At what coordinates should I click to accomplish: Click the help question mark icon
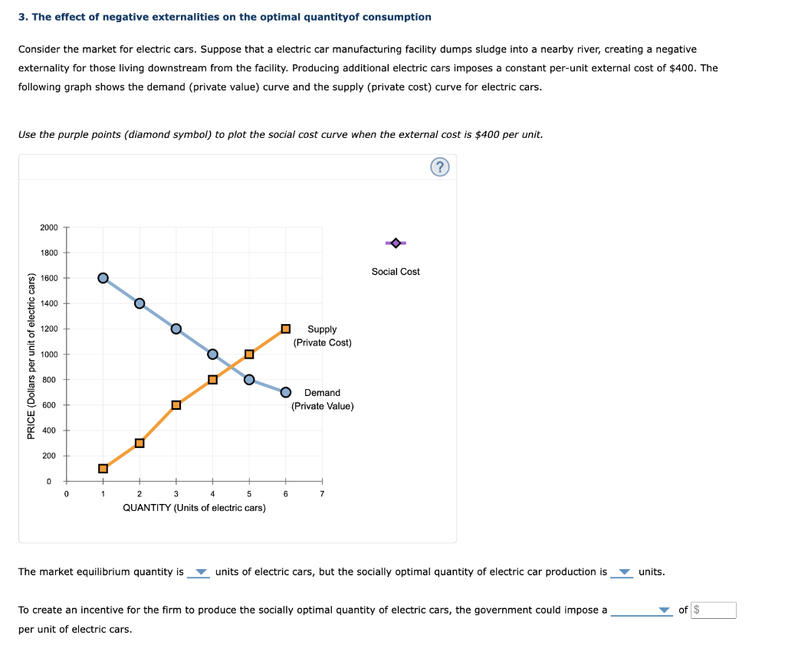tap(439, 168)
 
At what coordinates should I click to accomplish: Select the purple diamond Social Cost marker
tap(396, 243)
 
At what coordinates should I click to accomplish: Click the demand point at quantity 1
tap(103, 277)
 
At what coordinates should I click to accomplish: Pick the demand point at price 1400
tap(140, 303)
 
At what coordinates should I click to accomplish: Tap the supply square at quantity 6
tap(285, 329)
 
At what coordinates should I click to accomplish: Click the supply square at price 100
tap(103, 468)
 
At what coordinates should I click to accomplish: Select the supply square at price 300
tap(140, 443)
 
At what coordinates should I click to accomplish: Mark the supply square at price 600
tap(176, 404)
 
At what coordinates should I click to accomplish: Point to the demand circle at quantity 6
tap(285, 392)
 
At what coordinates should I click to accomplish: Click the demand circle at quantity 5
tap(249, 379)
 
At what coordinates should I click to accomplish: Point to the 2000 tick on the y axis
tap(49, 227)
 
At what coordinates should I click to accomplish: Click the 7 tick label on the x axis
tap(322, 494)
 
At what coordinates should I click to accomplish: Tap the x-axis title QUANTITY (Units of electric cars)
tap(194, 508)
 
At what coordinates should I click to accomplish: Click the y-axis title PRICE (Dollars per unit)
tap(31, 356)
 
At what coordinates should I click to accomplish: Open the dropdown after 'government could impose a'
tap(642, 610)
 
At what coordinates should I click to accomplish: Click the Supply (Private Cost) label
tap(322, 335)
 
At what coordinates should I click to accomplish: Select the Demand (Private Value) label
tap(322, 399)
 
